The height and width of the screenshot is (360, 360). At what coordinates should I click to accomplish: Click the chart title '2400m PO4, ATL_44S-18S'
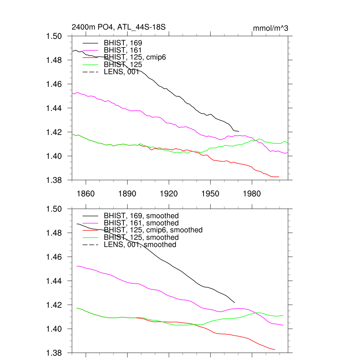pyautogui.click(x=118, y=27)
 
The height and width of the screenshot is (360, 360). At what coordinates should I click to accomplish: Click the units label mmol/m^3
pyautogui.click(x=271, y=28)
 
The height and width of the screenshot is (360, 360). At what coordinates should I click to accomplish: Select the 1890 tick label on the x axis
pyautogui.click(x=127, y=194)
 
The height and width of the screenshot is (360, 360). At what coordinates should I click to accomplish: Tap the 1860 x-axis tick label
pyautogui.click(x=86, y=194)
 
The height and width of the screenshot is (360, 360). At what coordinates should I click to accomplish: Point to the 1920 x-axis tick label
pyautogui.click(x=169, y=194)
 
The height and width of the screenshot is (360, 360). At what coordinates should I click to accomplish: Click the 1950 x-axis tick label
pyautogui.click(x=210, y=194)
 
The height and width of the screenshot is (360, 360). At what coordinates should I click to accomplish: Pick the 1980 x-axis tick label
pyautogui.click(x=252, y=194)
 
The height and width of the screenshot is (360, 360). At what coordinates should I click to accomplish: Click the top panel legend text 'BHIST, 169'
pyautogui.click(x=123, y=43)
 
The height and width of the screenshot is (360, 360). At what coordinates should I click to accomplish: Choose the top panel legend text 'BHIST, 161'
pyautogui.click(x=123, y=50)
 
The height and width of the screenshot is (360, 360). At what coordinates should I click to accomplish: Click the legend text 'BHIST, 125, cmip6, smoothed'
pyautogui.click(x=153, y=230)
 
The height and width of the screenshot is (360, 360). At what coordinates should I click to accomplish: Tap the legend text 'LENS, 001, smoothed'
pyautogui.click(x=140, y=245)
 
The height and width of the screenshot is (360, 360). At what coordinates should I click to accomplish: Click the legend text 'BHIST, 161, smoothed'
pyautogui.click(x=141, y=223)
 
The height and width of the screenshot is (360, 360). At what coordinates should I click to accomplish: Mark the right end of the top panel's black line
pyautogui.click(x=239, y=131)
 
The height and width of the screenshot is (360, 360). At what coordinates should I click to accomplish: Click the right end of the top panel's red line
pyautogui.click(x=279, y=176)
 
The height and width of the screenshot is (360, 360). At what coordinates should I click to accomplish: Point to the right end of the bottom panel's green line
pyautogui.click(x=283, y=315)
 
